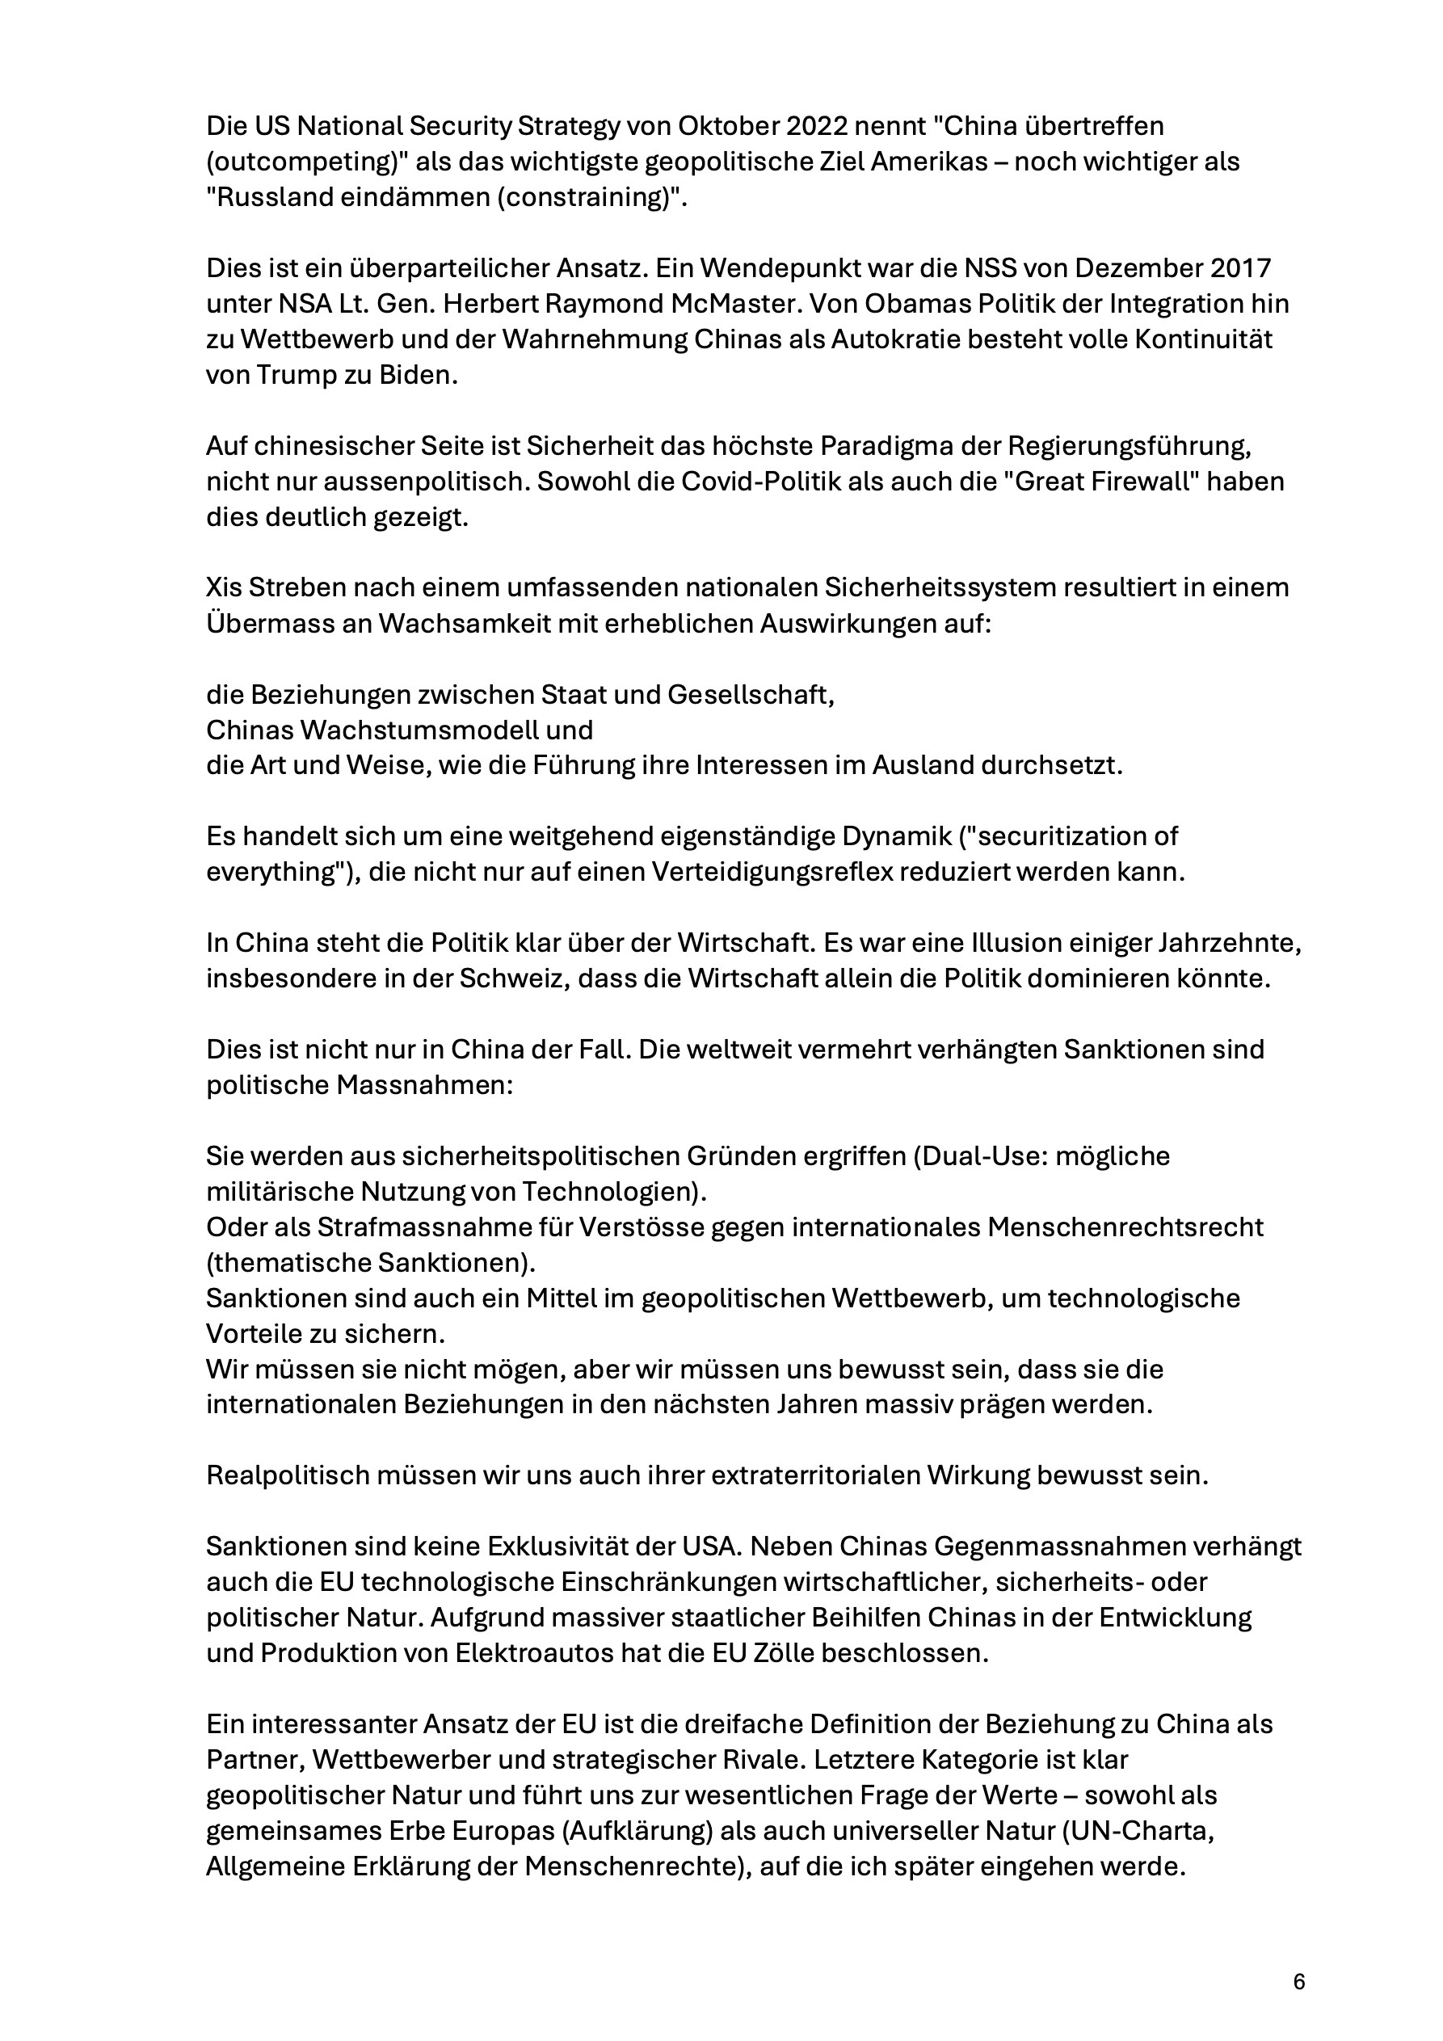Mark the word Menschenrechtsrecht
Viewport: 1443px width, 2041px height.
1124,1227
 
